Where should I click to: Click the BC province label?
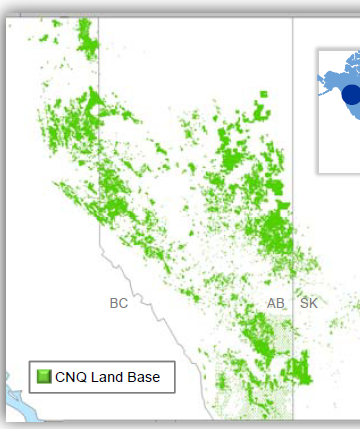coord(119,303)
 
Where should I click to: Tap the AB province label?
coord(276,303)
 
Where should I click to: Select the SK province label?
coord(309,303)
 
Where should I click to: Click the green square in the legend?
coord(44,377)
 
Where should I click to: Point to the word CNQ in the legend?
coord(71,377)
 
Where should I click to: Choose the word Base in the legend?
coord(144,377)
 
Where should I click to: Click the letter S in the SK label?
coord(304,303)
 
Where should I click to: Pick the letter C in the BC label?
coord(124,303)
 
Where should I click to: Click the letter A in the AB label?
coord(271,303)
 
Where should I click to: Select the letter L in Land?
coord(97,377)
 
